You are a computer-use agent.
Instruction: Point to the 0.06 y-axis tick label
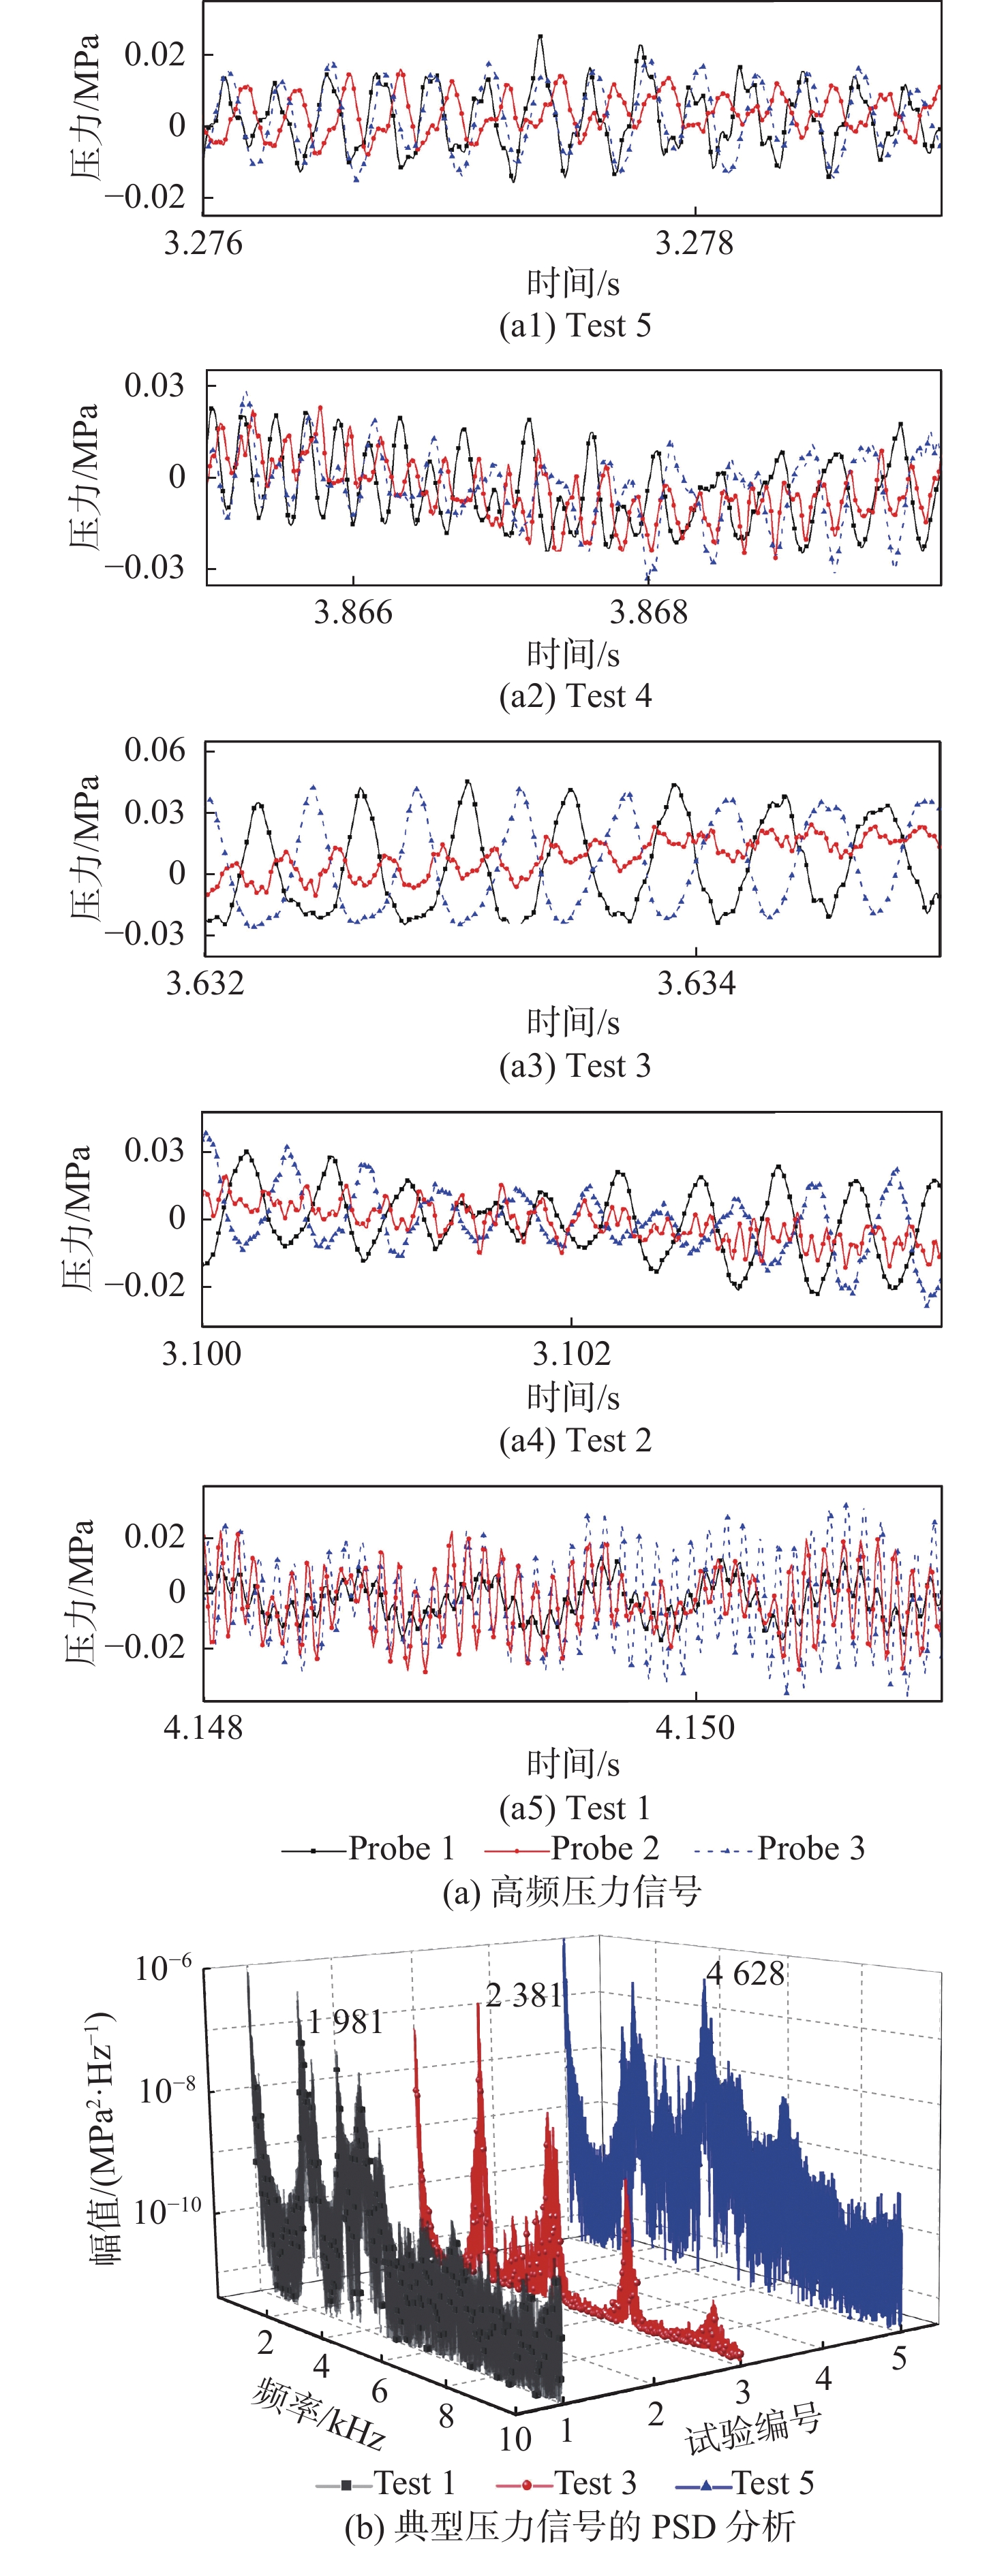155,751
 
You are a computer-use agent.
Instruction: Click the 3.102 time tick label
571,1353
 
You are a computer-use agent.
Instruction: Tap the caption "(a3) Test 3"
575,1066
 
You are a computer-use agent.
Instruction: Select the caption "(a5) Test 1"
575,1808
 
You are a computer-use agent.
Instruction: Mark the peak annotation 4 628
744,1974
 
